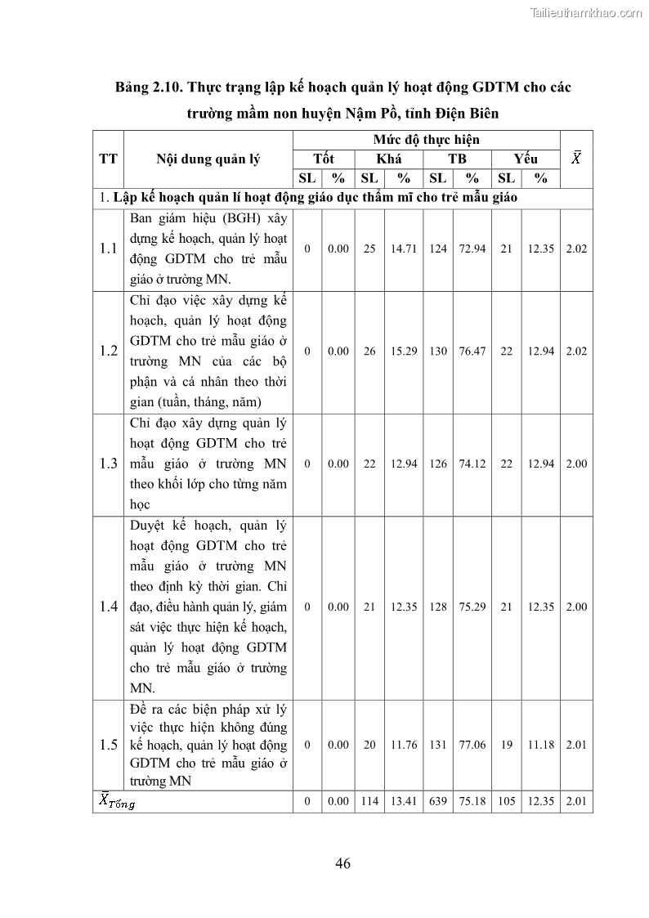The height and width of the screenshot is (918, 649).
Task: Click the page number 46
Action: coord(342,863)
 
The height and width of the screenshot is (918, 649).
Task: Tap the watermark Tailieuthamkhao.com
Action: coord(586,12)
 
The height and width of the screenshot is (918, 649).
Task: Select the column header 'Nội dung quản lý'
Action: coord(208,159)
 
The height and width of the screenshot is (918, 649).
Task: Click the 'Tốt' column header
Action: coord(324,159)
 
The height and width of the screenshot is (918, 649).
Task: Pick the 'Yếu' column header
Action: coord(526,159)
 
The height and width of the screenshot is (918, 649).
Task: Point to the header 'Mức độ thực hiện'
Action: coord(426,139)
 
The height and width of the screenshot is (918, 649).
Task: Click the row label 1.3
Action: coord(109,463)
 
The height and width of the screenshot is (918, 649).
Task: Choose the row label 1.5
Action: coord(109,745)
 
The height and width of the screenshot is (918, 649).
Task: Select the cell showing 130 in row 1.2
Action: coord(438,352)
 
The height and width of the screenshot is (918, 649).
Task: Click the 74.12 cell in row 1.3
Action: coord(472,463)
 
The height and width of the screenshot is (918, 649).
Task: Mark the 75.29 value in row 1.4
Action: coord(472,607)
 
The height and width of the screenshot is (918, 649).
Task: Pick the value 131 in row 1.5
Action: coord(438,745)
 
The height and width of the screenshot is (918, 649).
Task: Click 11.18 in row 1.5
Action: coord(541,745)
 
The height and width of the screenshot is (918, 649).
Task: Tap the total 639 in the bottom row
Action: coord(438,802)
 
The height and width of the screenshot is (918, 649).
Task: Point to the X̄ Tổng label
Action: coord(117,802)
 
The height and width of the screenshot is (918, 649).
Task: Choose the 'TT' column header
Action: coord(108,159)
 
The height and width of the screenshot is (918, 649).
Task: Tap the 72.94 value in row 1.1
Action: coord(472,249)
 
